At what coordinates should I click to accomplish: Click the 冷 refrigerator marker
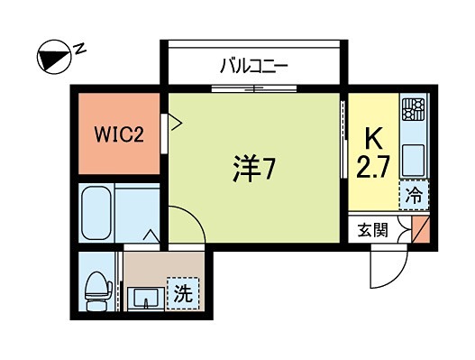(415, 193)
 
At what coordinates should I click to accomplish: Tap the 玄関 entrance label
(373, 229)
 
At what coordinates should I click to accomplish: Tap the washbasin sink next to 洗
(144, 295)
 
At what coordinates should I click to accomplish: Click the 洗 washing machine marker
(181, 293)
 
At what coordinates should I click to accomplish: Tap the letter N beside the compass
(79, 47)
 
